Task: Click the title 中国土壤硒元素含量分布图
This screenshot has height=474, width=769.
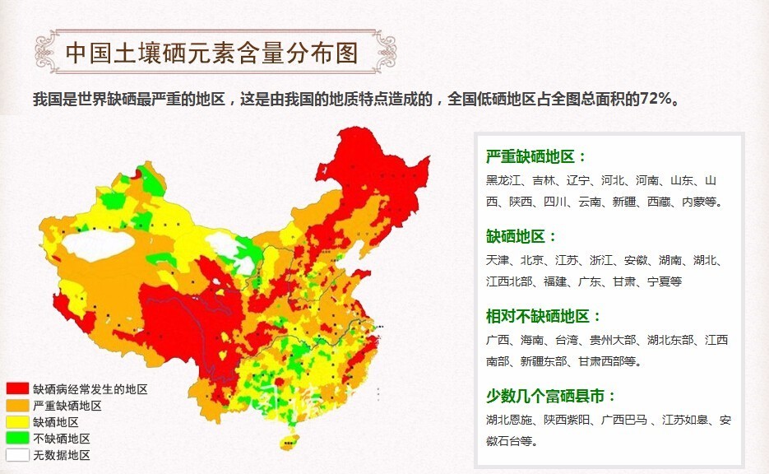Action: click(211, 53)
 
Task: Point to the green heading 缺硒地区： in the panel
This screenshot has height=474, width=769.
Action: click(521, 237)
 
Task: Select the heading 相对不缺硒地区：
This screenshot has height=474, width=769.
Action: click(544, 316)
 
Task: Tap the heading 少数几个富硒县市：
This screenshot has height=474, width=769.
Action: click(551, 396)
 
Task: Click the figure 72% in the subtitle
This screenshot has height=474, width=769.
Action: click(657, 99)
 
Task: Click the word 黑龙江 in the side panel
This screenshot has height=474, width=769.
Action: click(503, 181)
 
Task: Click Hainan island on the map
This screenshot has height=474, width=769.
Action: click(287, 444)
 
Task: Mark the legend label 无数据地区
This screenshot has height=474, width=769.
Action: click(62, 455)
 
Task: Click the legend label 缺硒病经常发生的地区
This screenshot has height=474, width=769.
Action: click(90, 389)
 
